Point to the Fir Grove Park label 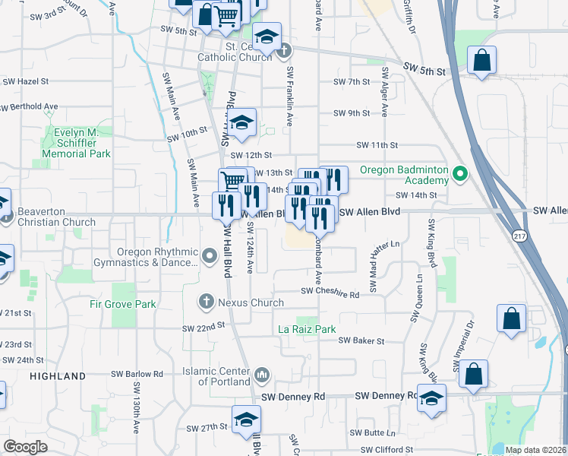coord(123,304)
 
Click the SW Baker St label coord(362,341)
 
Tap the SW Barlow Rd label coord(137,374)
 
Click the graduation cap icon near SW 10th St coord(241,124)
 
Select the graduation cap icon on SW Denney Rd coord(431,399)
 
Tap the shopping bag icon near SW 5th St coord(482,60)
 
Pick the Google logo coord(24,447)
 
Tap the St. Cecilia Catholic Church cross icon coord(285,52)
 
